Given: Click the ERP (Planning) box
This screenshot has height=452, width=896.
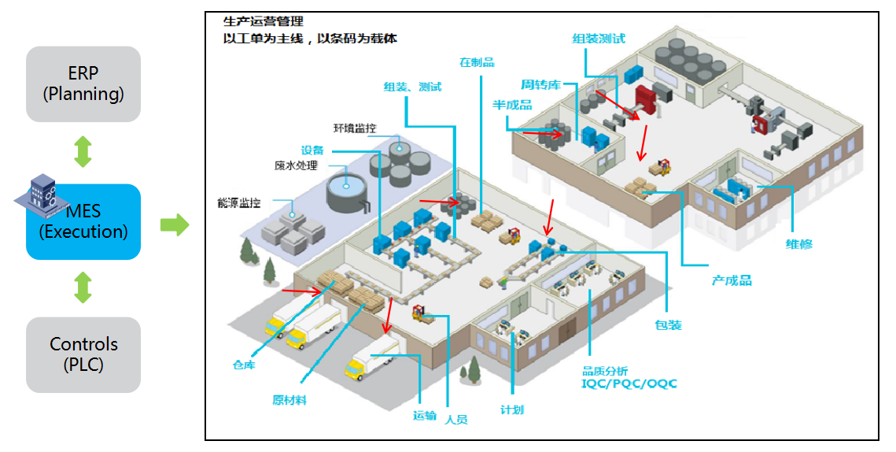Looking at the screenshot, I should coord(83,83).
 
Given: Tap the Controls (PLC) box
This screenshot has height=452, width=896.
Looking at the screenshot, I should coord(83,354).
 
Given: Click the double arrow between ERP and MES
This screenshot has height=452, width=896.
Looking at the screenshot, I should coord(83,152).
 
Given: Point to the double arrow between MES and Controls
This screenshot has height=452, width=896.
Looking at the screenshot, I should coord(83,287).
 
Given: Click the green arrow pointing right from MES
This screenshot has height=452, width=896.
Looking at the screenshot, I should coord(175,224).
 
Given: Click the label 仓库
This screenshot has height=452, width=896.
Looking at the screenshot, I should coord(243,365).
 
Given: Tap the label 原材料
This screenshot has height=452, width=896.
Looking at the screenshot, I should coord(289,400).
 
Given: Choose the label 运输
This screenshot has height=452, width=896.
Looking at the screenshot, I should coord(424,415).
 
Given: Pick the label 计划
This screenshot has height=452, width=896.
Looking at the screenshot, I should coord(512,409).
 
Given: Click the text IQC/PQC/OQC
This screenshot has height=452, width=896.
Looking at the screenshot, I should coord(629,384).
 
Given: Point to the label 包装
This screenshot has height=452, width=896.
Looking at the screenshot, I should coord(668,325).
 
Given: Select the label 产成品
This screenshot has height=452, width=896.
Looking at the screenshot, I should coord(732,280).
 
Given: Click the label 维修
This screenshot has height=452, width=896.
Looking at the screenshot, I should coord(798,244).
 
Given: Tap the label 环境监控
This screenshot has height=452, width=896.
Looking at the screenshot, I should coord(354,128).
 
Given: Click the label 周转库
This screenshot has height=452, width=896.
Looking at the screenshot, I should coord(540,83).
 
